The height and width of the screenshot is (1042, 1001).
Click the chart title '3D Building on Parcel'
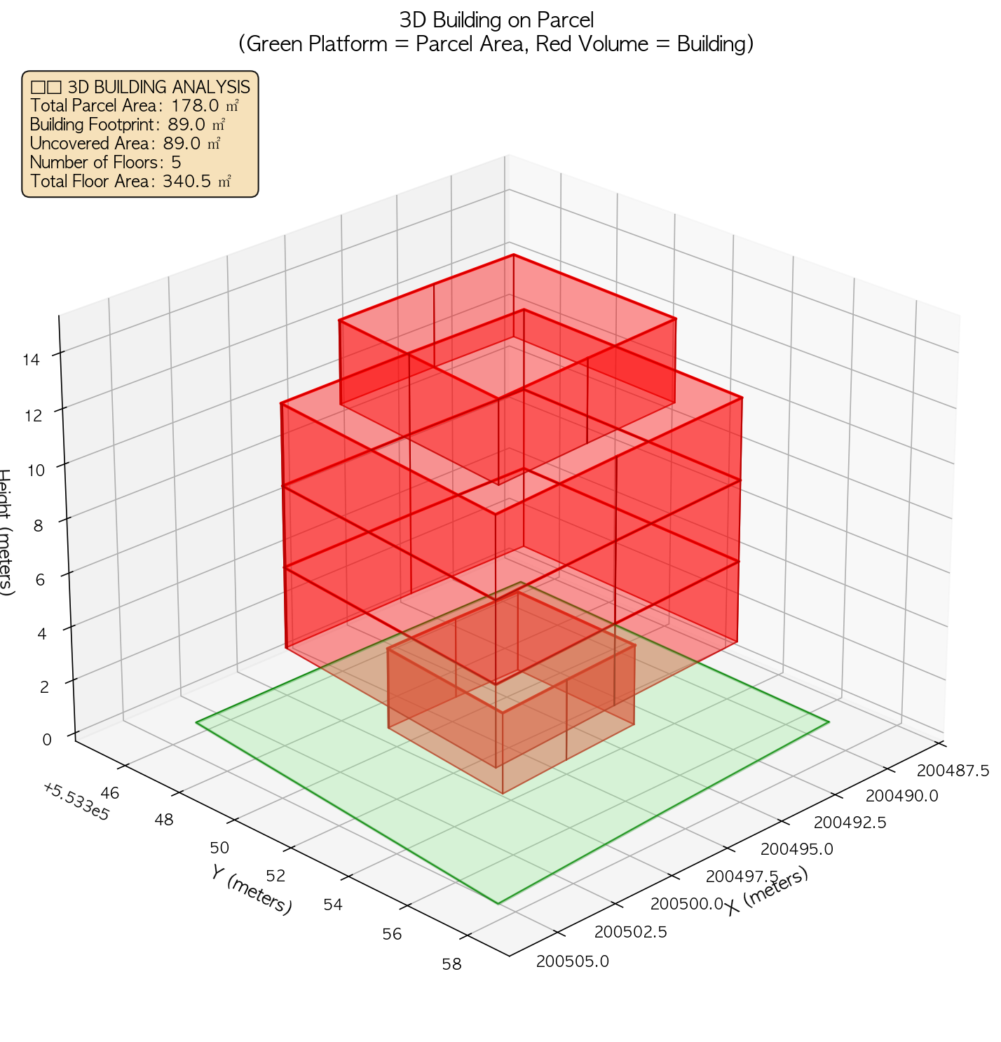click(496, 19)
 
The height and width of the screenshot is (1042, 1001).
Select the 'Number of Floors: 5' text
click(106, 163)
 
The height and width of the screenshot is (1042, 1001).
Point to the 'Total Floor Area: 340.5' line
click(130, 182)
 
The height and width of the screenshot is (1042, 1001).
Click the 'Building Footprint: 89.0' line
click(127, 125)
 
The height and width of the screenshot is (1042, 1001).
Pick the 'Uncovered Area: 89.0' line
click(125, 144)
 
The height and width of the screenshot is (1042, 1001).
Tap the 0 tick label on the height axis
click(47, 740)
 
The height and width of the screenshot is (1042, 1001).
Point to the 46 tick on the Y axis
click(110, 793)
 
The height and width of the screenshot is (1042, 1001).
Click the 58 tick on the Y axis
click(452, 964)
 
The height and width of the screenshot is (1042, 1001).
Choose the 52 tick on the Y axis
click(276, 876)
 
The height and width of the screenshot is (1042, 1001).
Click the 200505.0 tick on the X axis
click(573, 961)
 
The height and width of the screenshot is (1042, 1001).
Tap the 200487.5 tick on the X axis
click(953, 771)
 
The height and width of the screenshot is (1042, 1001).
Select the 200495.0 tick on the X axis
click(796, 849)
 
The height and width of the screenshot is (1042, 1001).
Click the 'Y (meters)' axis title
click(251, 890)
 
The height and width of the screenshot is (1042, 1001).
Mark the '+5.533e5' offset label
click(75, 801)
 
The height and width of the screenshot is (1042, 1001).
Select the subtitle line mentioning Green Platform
click(496, 44)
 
